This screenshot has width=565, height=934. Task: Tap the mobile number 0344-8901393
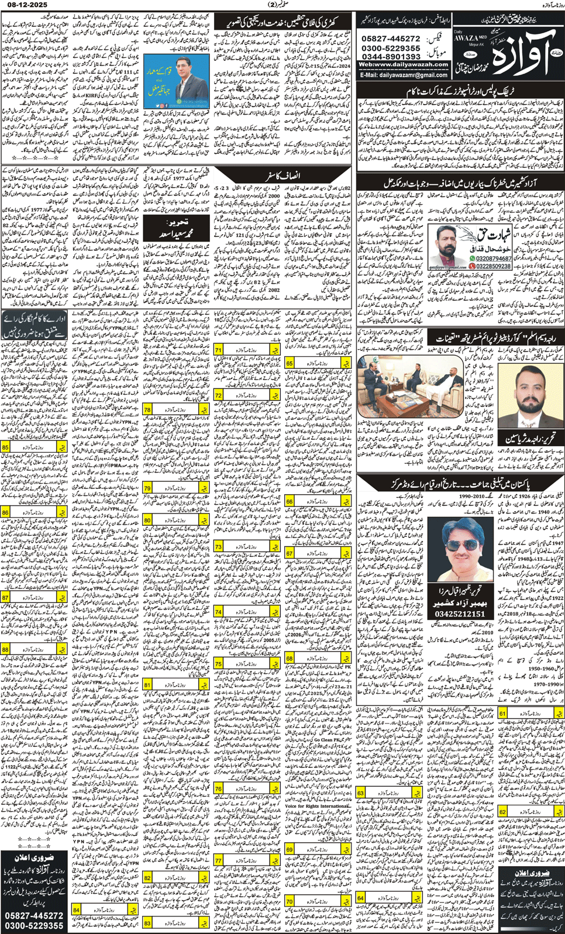click(391, 57)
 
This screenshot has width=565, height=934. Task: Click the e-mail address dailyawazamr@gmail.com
click(404, 75)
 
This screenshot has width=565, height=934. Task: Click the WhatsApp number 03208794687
click(494, 258)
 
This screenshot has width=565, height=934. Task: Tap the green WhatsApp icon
click(472, 258)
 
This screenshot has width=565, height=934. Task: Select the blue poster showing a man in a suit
click(176, 81)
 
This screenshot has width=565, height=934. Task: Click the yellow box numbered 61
click(503, 714)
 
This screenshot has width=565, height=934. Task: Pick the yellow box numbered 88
click(6, 649)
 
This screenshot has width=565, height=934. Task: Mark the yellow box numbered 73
click(219, 547)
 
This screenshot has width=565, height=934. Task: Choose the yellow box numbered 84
click(77, 909)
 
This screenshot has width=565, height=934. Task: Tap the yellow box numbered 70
click(290, 901)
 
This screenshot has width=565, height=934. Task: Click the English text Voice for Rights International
click(317, 806)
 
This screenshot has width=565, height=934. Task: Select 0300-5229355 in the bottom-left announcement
click(33, 925)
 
